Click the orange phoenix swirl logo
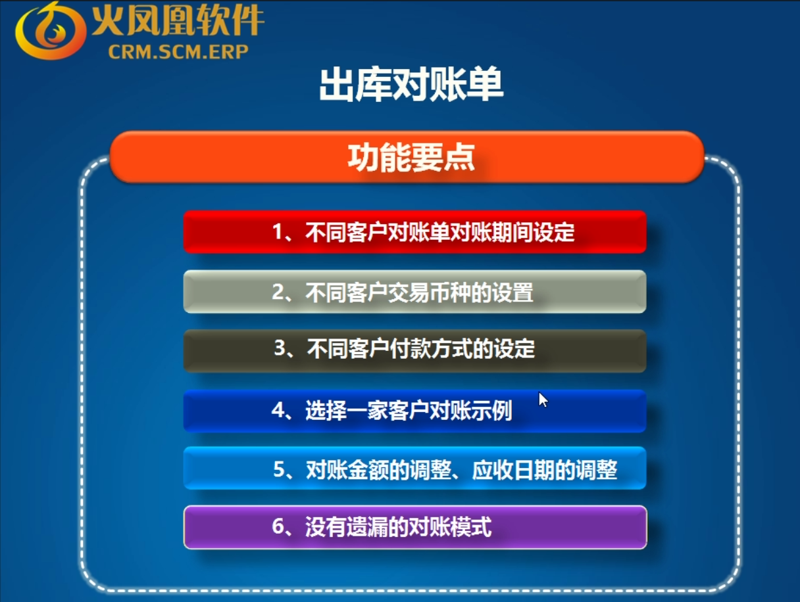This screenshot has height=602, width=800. pos(50,31)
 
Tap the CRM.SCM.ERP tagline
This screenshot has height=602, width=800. pos(178,52)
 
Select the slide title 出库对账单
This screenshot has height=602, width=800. pos(411,84)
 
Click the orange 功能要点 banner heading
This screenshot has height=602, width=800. pos(411,157)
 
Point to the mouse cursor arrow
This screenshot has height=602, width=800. pos(543,400)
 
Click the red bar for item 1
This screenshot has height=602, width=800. pos(414,232)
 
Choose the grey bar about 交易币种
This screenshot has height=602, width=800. pos(414,292)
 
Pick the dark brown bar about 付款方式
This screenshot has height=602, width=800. pos(414,351)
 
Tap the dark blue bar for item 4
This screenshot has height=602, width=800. pos(414,411)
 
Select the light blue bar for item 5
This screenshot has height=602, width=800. pos(414,468)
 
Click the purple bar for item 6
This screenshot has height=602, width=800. pos(415,527)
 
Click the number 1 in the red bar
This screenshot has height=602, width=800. pos(278,232)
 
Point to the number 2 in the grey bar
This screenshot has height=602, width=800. pos(278,292)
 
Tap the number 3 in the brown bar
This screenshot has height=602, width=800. pos(280,348)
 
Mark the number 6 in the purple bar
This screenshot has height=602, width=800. pos(278,526)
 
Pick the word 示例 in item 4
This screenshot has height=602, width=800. pos(491,411)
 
